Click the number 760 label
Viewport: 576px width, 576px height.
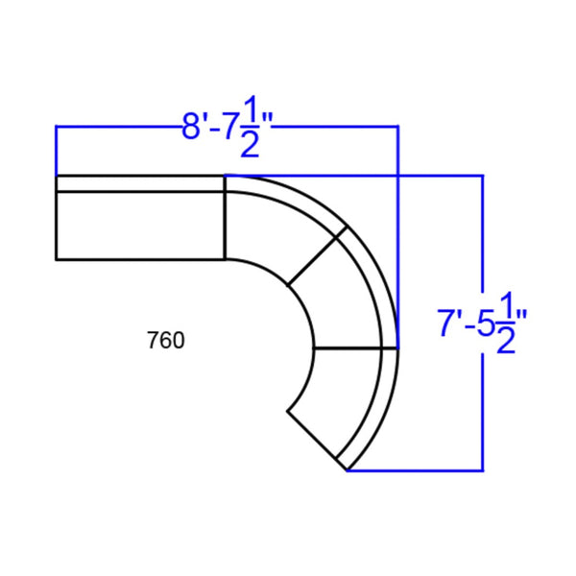pyautogui.click(x=166, y=340)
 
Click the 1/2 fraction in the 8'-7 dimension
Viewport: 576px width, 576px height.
pyautogui.click(x=251, y=127)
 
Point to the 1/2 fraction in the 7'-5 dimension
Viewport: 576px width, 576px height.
pyautogui.click(x=506, y=323)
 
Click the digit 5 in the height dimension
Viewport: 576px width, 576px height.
pyautogui.click(x=486, y=323)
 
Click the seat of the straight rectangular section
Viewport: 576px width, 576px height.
pyautogui.click(x=140, y=226)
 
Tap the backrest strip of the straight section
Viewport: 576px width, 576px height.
pyautogui.click(x=140, y=184)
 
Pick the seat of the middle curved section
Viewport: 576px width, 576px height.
pyautogui.click(x=342, y=294)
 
